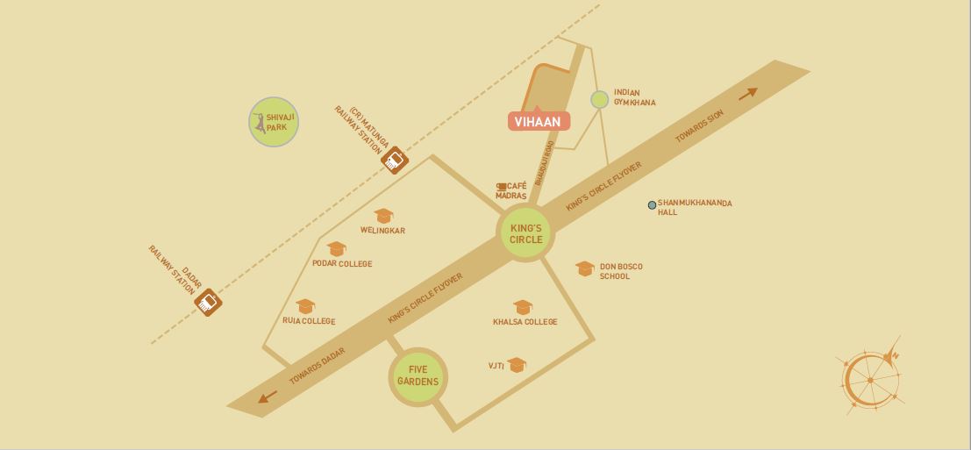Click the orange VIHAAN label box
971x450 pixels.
pos(539,122)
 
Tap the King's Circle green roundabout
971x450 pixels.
pos(526,233)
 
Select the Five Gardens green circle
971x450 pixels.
pos(418,376)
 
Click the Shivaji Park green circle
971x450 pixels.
pos(274,122)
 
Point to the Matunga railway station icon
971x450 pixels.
pos(395,160)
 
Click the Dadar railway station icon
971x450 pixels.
pos(208,303)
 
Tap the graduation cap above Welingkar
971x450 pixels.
pos(382,216)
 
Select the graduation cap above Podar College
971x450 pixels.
pos(337,249)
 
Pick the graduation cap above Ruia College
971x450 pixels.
pos(305,306)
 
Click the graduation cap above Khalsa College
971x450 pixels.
pos(524,307)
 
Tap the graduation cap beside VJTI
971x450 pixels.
pos(517,364)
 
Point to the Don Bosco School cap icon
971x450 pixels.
pos(585,268)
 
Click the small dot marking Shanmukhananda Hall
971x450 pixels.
pos(652,205)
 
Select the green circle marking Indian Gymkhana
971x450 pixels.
pos(599,100)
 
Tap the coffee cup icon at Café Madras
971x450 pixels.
pos(503,187)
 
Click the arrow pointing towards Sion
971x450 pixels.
pos(747,94)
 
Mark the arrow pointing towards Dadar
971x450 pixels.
pos(268,396)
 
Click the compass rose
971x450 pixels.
pos(871,378)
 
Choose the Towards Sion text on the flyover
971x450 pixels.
pos(700,127)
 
